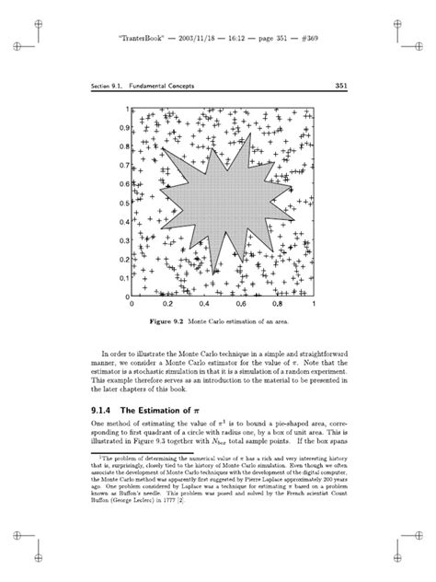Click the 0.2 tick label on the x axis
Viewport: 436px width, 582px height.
[x=168, y=304]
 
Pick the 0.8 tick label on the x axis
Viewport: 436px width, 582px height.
[x=277, y=304]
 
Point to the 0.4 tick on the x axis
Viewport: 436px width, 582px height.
[x=205, y=304]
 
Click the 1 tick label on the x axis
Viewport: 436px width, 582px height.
[x=314, y=304]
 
